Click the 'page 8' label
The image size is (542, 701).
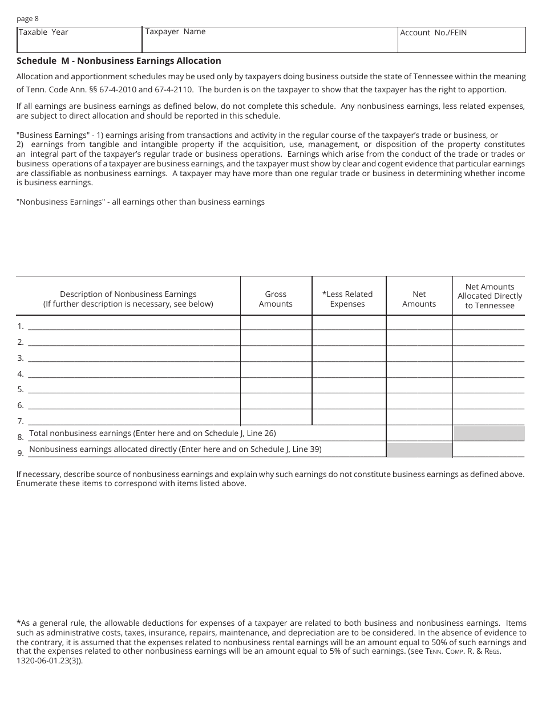point(27,19)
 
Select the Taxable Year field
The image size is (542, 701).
point(79,40)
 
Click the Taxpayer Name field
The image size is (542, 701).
point(269,40)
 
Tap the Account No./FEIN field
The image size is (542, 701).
point(461,40)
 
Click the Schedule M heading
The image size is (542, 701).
point(119,60)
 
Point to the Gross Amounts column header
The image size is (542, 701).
point(276,299)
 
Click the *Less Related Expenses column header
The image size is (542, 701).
point(347,299)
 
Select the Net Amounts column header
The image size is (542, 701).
point(419,299)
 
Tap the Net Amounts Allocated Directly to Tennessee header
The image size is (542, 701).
point(490,296)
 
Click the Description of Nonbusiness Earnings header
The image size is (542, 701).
point(128,299)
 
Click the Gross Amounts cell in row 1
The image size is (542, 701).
point(276,323)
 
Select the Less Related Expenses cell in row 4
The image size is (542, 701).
point(349,370)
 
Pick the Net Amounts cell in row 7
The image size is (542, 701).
point(419,418)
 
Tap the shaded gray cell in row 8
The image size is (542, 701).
point(489,434)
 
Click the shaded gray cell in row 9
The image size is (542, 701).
point(419,450)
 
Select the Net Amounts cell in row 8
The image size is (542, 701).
point(419,434)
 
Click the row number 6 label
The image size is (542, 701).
point(20,405)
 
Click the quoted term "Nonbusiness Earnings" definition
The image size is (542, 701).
point(140,202)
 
